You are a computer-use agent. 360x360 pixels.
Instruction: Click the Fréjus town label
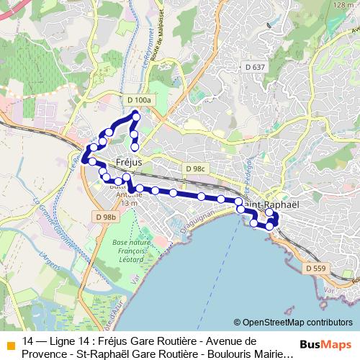[131, 162]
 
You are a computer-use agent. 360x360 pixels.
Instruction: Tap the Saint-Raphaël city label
[274, 204]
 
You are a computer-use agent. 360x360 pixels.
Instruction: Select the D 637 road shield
[254, 68]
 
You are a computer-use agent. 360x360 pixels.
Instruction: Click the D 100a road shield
[138, 100]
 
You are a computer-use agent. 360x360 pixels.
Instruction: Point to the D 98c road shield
[194, 168]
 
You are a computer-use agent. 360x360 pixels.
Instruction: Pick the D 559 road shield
[315, 268]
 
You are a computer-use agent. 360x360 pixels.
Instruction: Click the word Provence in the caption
[50, 354]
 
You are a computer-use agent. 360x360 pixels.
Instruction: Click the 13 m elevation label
[129, 204]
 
